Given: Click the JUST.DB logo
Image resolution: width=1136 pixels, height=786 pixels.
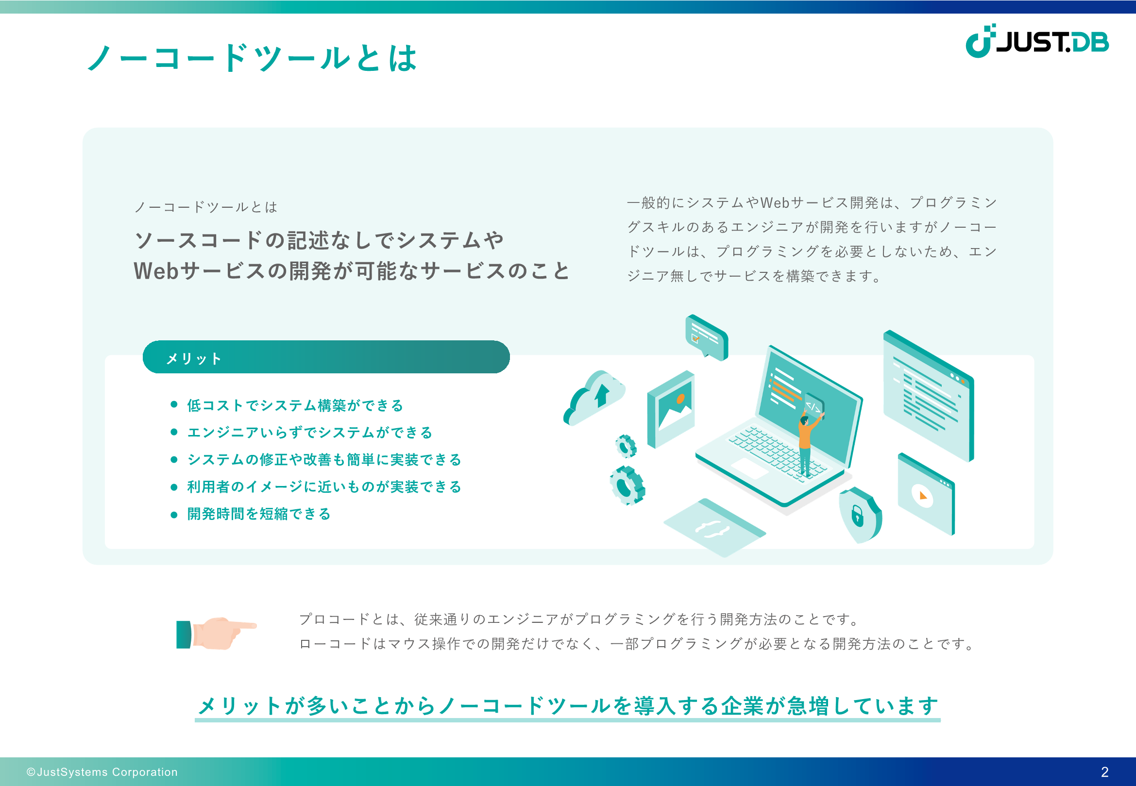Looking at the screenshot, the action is [x=1036, y=41].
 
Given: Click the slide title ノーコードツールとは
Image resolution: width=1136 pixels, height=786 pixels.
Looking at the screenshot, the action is [x=252, y=58].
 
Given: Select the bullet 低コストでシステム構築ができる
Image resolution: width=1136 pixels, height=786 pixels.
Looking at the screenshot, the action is [x=295, y=405].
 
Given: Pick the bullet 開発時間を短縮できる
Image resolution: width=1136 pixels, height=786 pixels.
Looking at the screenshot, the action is [x=259, y=514].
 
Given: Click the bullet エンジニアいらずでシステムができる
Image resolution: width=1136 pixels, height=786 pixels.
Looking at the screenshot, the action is [x=309, y=433].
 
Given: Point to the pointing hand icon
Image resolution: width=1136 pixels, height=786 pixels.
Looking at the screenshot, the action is [x=216, y=634].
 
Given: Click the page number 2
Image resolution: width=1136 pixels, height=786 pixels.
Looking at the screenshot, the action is [x=1104, y=772].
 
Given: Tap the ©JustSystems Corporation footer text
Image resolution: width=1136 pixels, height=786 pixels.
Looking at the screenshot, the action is [x=102, y=772].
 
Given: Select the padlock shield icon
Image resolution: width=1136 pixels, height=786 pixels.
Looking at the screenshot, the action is [x=860, y=515].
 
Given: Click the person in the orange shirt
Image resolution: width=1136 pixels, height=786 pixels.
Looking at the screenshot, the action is [x=807, y=442].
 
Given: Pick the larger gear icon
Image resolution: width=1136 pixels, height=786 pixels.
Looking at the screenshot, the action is [x=627, y=485].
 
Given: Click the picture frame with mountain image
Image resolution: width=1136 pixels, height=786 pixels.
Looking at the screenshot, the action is [x=670, y=409].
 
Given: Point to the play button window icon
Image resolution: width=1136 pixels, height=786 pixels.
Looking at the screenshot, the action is [x=926, y=494].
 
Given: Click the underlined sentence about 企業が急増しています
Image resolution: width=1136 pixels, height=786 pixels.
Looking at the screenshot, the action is [x=567, y=706].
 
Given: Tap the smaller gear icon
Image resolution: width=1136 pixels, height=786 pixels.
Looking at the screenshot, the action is [x=626, y=446].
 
